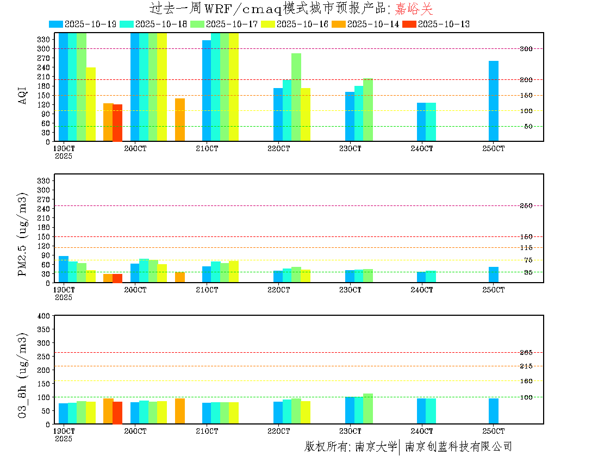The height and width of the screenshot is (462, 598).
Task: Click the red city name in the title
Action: click(x=414, y=9)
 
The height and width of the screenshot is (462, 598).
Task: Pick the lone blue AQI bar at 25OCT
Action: click(x=494, y=101)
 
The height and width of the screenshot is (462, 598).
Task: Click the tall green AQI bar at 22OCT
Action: click(x=296, y=97)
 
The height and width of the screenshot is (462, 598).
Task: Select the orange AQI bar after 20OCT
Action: click(x=180, y=120)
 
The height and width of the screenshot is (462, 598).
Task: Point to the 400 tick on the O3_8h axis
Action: click(x=45, y=316)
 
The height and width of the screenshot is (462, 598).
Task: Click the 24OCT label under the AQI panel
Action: click(x=422, y=148)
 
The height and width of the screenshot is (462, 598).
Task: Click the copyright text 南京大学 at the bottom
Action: click(x=376, y=447)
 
